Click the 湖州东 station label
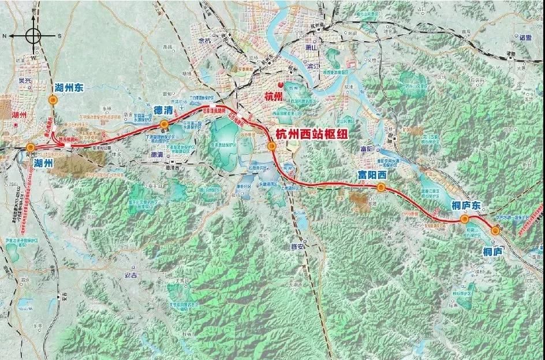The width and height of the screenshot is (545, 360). (x=69, y=88)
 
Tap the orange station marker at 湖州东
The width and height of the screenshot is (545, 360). (x=53, y=100)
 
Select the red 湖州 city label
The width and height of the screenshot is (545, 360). (x=20, y=114)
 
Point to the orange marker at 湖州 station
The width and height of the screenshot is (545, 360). (x=30, y=147)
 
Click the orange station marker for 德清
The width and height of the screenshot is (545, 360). (x=164, y=124)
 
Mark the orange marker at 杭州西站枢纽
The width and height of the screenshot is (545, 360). (x=271, y=146)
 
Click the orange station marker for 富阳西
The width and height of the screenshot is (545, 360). (x=381, y=187)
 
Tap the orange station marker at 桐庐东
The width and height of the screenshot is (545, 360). (x=464, y=219)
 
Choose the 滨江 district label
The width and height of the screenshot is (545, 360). (x=307, y=66)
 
